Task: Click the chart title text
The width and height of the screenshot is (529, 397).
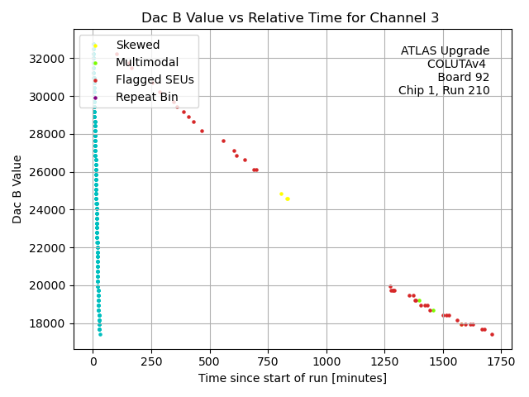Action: point(290,17)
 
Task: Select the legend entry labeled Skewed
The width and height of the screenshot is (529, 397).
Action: point(137,45)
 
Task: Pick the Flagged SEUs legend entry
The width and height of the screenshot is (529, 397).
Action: point(155,79)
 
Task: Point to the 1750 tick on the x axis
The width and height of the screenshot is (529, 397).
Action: point(501,361)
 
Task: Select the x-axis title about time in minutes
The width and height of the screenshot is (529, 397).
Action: point(292,378)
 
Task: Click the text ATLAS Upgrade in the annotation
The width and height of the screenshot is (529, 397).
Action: point(445,51)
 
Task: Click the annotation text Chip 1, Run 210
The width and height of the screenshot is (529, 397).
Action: point(444,91)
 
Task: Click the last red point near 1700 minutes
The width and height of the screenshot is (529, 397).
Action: point(492,334)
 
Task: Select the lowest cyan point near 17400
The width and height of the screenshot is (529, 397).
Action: point(100,334)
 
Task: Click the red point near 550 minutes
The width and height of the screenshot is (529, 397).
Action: point(223,141)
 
